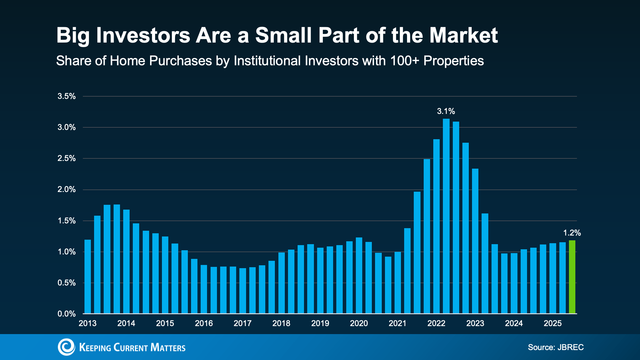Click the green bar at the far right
[x=572, y=277]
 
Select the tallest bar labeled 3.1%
[x=446, y=216]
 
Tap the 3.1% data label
[x=446, y=111]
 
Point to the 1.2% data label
[x=572, y=233]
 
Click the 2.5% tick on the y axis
[x=67, y=158]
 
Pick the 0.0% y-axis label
[x=67, y=314]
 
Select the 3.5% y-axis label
[x=67, y=96]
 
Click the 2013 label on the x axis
[x=87, y=324]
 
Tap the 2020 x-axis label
[x=359, y=324]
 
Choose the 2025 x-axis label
[x=553, y=324]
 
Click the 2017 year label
[x=242, y=324]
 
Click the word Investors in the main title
[x=143, y=35]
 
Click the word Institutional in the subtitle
[x=267, y=61]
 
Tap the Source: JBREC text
[x=556, y=347]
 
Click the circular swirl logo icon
[x=66, y=347]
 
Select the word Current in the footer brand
[x=131, y=348]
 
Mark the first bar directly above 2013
[x=88, y=277]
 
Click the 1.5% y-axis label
[x=67, y=221]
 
